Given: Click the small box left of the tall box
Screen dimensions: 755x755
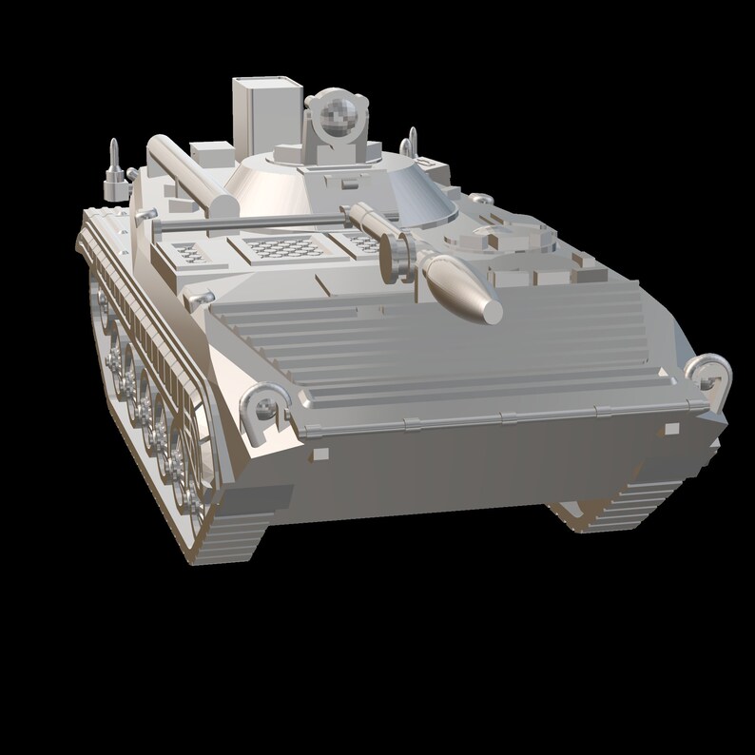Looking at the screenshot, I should coord(211,152).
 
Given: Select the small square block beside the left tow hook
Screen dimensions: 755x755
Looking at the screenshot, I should coord(319,455).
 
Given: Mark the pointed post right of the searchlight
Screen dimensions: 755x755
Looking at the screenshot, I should coord(411,143).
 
